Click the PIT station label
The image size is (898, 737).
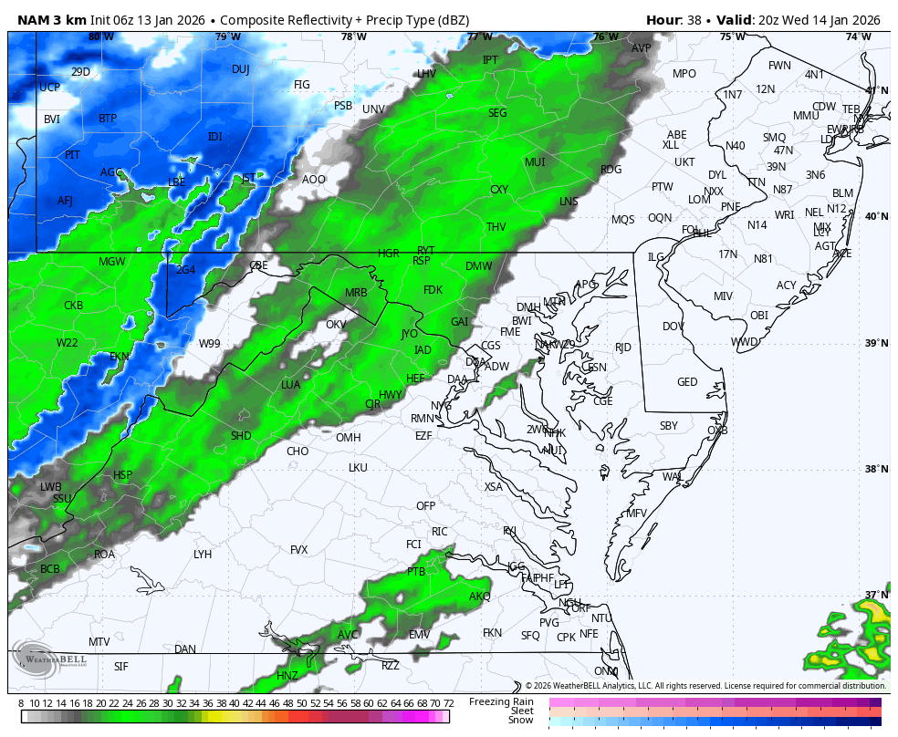72,155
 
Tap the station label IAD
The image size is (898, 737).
423,350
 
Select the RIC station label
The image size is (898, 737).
440,532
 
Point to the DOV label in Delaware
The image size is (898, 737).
673,327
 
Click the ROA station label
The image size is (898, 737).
105,555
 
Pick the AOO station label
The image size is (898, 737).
314,180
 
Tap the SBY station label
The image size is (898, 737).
669,426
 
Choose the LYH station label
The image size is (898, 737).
203,555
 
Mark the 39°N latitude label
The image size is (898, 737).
876,344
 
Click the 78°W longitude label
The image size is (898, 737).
353,37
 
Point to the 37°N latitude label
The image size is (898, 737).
876,596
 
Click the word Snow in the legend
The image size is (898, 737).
520,721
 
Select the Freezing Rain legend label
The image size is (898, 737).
501,701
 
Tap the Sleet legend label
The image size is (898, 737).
521,711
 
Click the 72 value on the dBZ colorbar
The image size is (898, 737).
448,703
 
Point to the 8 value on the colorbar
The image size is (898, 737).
20,703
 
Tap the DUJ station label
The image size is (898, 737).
240,69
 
